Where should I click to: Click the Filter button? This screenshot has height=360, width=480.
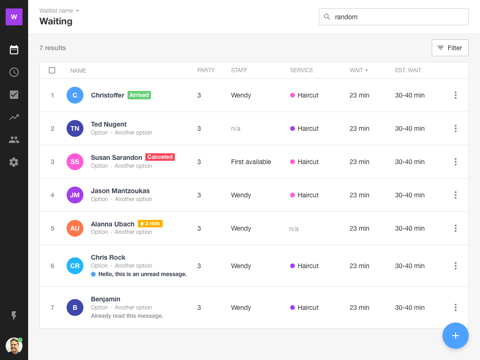pos(450,48)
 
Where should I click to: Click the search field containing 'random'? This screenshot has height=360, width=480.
pos(394,17)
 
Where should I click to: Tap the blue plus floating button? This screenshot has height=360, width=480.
pos(455,336)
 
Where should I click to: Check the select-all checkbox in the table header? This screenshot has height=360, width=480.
pos(52,70)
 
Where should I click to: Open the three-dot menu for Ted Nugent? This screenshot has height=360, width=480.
pos(455,128)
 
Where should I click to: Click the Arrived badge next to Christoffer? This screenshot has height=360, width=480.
pos(139,95)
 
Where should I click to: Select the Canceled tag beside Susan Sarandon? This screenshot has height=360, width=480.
pos(160,157)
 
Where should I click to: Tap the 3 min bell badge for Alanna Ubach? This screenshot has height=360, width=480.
pos(150,224)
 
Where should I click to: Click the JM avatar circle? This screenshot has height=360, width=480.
pos(75,195)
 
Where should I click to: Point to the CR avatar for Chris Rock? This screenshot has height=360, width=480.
pos(75,266)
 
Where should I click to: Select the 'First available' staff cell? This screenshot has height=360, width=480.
pos(251,162)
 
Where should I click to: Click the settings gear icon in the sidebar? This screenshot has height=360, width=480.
pos(14,162)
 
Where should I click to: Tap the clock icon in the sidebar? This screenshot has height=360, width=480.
pos(14,72)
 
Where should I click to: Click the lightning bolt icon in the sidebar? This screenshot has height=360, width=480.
pos(14,316)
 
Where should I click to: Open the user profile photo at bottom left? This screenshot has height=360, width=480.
pos(14,346)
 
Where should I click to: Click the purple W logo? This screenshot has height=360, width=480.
pos(14,17)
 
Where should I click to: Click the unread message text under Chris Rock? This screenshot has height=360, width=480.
pos(142,274)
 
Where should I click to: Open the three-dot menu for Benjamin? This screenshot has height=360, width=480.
pos(455,307)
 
